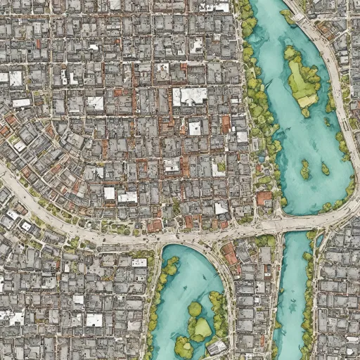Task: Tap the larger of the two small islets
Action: pyautogui.click(x=304, y=169)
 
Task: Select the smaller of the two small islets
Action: pyautogui.click(x=325, y=169)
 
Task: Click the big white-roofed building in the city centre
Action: pyautogui.click(x=190, y=96)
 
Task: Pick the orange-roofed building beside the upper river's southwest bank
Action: pyautogui.click(x=264, y=198)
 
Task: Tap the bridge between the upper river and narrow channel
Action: pyautogui.click(x=295, y=224)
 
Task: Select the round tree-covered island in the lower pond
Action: pyautogui.click(x=195, y=309)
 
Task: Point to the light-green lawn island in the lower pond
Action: pyautogui.click(x=202, y=328)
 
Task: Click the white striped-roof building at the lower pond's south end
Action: pyautogui.click(x=217, y=347)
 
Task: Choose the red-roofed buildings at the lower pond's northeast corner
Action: pyautogui.click(x=230, y=253)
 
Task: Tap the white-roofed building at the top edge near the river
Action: pyautogui.click(x=214, y=6)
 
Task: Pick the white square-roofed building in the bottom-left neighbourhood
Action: pyautogui.click(x=94, y=320)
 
